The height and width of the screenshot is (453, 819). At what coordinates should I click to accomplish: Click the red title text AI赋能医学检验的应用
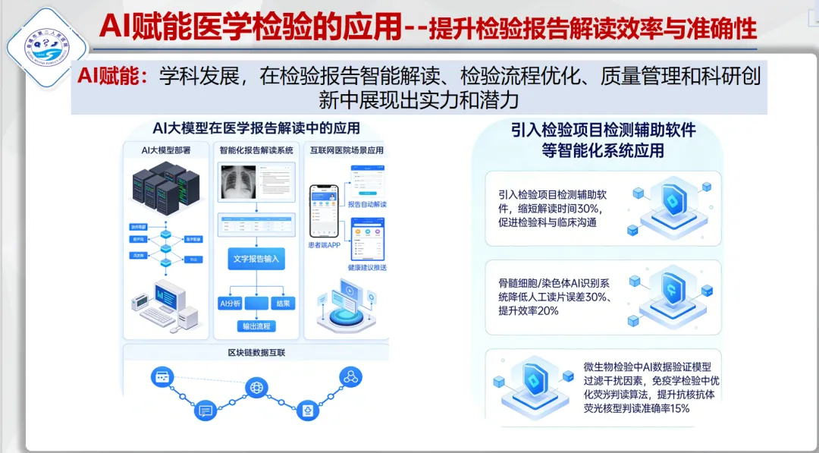point(250,27)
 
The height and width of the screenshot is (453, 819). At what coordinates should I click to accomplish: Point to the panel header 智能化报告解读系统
point(256,150)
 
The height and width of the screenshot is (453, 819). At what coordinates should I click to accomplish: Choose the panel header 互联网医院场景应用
point(347,150)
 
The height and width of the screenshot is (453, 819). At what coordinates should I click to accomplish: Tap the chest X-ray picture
point(237,184)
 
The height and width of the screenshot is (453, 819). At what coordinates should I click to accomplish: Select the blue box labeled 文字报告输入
point(256,259)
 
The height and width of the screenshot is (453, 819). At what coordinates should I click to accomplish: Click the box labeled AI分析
point(230,304)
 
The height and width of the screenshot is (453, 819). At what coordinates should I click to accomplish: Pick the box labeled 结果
point(284,304)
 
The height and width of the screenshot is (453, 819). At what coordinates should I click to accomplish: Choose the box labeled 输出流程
point(256,326)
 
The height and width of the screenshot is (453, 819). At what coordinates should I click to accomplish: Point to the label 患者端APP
point(323,244)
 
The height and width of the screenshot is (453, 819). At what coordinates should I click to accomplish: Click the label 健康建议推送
point(367,268)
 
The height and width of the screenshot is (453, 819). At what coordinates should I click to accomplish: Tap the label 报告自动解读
point(367,205)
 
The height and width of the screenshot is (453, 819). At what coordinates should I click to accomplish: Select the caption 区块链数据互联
point(256,353)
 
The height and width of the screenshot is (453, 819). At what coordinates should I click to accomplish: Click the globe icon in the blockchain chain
point(256,388)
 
